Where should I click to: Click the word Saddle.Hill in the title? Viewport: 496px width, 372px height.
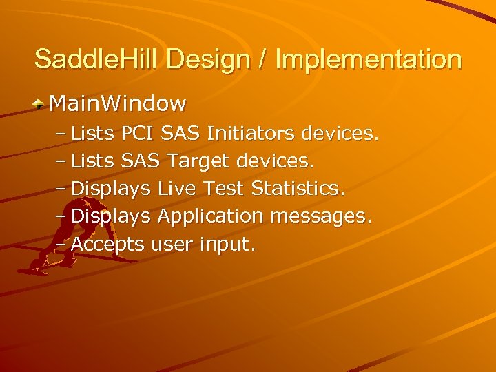[96, 59]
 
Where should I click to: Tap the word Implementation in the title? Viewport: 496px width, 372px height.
[369, 59]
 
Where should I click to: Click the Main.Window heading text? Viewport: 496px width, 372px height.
[118, 104]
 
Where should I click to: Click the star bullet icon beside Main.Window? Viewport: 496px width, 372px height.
[41, 104]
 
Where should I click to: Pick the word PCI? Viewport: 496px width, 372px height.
[138, 133]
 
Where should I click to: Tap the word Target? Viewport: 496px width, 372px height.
[199, 161]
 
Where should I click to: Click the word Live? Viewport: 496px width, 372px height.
[177, 188]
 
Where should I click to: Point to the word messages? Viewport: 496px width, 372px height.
[321, 216]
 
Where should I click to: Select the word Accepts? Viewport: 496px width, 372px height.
[107, 245]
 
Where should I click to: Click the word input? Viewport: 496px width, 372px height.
[227, 245]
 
